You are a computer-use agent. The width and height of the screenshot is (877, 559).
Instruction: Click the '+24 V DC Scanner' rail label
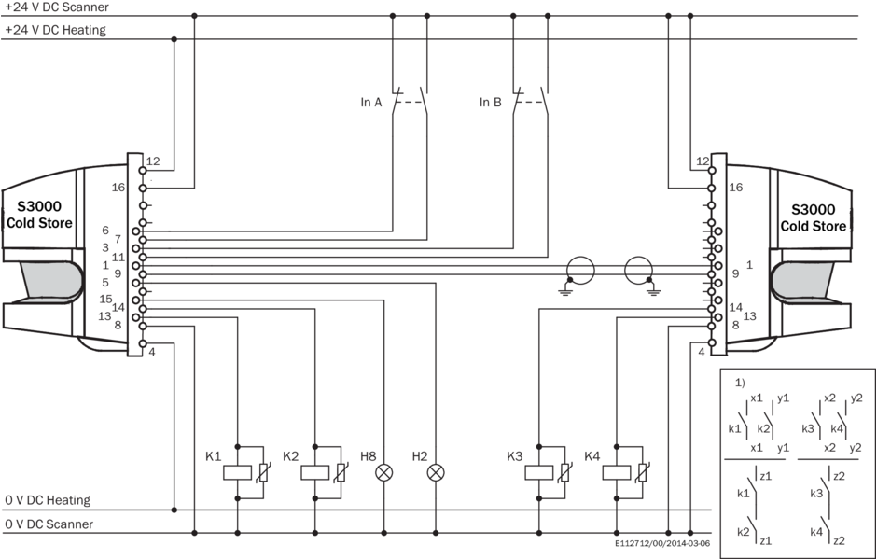[56, 7]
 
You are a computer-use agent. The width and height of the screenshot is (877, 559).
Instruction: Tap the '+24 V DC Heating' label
[55, 30]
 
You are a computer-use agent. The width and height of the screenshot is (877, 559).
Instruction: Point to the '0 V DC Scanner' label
[49, 524]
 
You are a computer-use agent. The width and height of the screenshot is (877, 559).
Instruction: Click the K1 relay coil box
[237, 472]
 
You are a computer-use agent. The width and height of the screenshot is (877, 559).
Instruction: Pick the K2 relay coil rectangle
[314, 472]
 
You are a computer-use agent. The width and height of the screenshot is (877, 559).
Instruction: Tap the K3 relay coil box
[540, 472]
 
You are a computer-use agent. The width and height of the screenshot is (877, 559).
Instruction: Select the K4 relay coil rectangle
[618, 472]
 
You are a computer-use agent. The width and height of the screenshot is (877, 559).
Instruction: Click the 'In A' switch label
[371, 102]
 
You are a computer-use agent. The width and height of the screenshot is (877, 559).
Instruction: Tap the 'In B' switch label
[491, 102]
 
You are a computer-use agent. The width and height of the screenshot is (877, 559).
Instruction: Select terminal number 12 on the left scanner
[153, 161]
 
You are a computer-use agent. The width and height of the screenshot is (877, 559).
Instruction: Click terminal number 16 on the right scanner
[735, 188]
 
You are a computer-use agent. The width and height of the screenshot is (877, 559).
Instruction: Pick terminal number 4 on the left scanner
[151, 352]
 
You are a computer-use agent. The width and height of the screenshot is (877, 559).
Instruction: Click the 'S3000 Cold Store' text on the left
[39, 216]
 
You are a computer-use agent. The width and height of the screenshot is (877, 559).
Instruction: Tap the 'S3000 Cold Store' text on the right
[814, 218]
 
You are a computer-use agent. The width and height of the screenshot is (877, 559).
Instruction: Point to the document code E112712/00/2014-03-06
[662, 542]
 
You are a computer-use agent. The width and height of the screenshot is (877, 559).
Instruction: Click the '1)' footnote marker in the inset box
[740, 384]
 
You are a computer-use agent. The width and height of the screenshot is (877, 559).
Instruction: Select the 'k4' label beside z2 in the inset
[815, 532]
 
